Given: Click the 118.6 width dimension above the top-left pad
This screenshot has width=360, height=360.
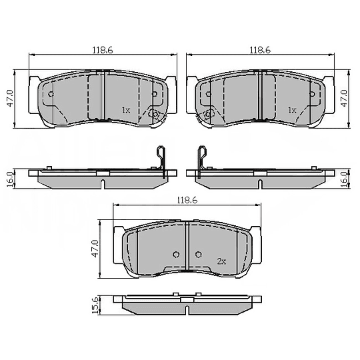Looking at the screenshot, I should pos(102,49).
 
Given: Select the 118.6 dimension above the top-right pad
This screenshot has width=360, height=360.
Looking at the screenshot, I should pos(259,49).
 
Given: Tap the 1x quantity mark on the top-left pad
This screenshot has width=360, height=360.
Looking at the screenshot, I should pos(125,109).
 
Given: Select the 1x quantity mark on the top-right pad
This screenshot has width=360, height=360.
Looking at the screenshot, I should pos(291,109).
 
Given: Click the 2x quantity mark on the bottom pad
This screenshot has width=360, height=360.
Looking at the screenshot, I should pos(222,261).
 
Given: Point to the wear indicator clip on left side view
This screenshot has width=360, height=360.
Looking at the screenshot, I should pos(161,160).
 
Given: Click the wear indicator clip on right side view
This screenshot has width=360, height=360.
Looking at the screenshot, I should pos(199,160).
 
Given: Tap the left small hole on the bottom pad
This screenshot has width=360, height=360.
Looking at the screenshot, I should pos(176,254).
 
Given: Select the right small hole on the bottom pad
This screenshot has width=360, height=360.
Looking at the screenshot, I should pos(199,254).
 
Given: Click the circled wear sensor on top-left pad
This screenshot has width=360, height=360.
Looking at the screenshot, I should pos(155,115).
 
